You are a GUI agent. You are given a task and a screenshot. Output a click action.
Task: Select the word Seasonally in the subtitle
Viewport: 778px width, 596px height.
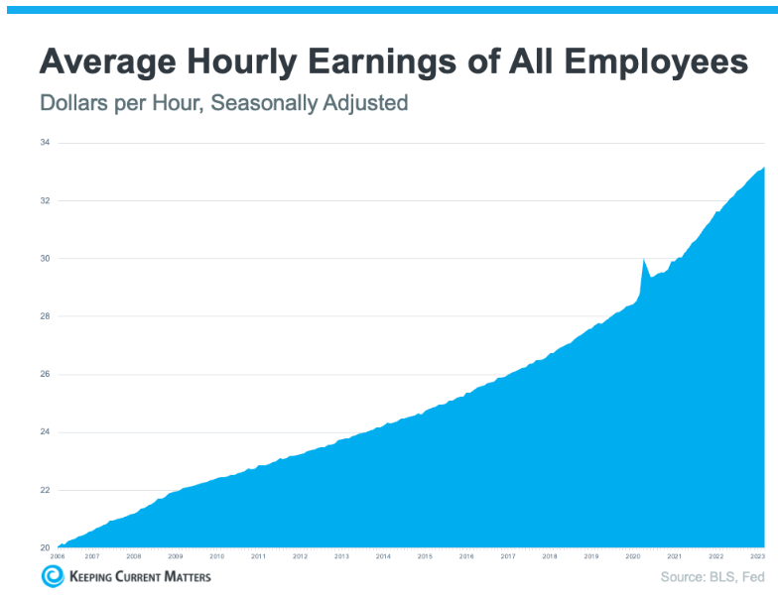(x=254, y=102)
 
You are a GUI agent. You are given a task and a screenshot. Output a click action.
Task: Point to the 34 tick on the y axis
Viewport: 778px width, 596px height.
(x=46, y=143)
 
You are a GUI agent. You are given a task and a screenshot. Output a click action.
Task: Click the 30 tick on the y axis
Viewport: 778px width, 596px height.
(x=46, y=259)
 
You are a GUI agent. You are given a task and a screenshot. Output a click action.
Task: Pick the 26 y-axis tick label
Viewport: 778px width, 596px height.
(x=46, y=375)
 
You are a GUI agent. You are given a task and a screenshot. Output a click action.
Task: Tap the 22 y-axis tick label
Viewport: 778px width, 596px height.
(x=46, y=490)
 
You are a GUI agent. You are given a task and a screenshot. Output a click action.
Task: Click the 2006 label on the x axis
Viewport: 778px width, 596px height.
(x=59, y=557)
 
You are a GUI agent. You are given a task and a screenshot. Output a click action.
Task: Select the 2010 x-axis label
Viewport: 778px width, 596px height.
(x=216, y=557)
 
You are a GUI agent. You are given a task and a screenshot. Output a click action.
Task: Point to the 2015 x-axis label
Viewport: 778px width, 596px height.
(x=425, y=557)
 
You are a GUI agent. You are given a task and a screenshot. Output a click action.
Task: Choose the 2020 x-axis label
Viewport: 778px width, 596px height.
(x=632, y=557)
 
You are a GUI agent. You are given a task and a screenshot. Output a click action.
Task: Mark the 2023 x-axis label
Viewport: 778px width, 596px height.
(x=756, y=557)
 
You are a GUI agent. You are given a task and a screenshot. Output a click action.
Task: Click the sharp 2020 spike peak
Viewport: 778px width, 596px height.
(x=644, y=259)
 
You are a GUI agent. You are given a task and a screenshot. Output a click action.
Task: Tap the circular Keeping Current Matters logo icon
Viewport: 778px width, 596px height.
(x=52, y=576)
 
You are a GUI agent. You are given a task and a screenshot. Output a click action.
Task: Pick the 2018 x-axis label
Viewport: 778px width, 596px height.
(x=549, y=557)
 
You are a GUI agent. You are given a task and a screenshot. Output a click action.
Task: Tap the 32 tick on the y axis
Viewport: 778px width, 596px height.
(x=46, y=201)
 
